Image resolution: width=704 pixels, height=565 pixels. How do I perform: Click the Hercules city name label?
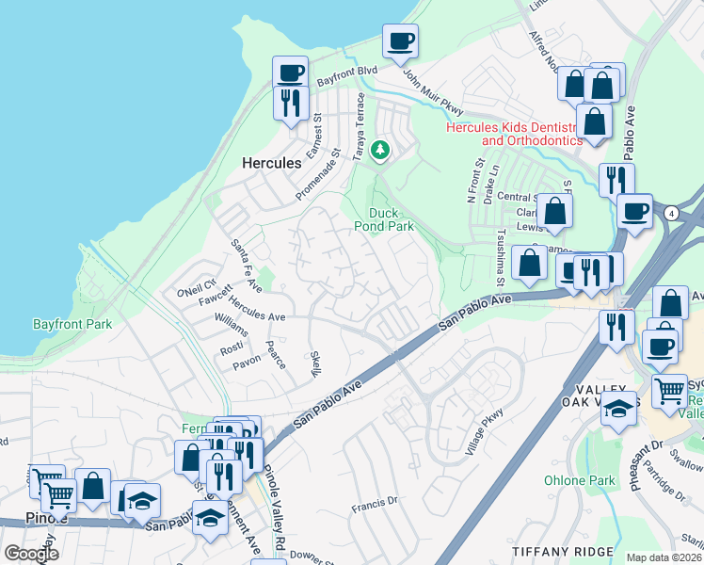272,163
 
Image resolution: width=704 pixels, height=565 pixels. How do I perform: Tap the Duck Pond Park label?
391,219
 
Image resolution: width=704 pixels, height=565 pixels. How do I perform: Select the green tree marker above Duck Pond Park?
380,151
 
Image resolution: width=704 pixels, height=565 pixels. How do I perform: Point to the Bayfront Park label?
72,324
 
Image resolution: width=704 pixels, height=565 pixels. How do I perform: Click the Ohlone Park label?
579,480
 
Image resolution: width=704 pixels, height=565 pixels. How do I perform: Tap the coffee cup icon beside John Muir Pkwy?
400,41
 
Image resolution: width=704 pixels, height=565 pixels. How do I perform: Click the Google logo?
31,554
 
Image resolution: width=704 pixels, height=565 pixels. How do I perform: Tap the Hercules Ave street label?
257,312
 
